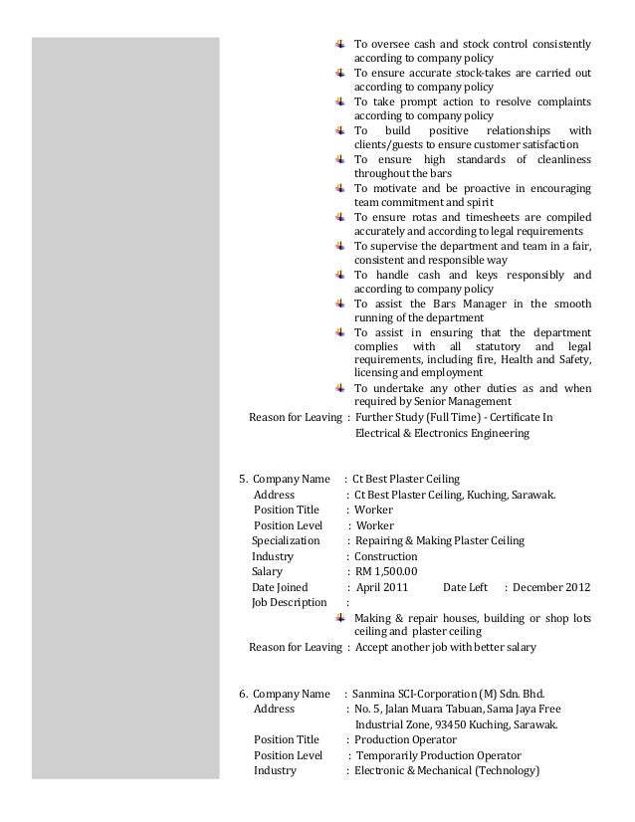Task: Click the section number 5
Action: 242,479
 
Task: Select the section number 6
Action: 243,694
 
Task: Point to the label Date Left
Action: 465,587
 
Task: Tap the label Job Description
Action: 289,602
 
